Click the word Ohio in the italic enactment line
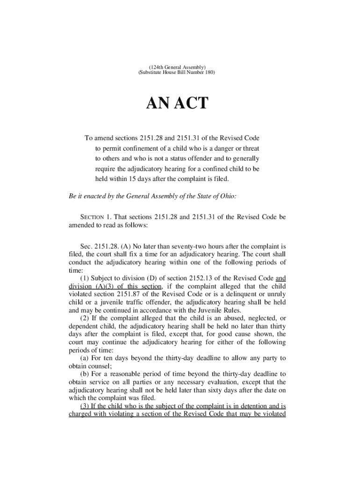pos(226,196)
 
